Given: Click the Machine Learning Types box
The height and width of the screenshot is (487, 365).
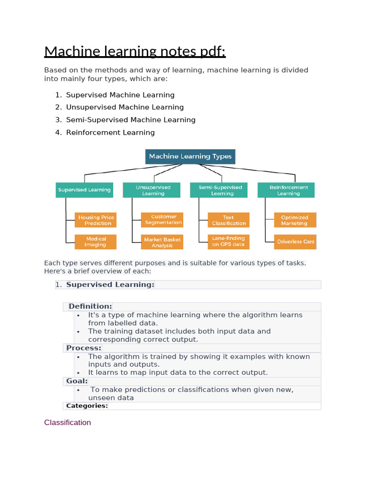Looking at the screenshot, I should [x=190, y=156].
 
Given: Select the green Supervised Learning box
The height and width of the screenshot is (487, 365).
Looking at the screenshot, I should [x=85, y=190].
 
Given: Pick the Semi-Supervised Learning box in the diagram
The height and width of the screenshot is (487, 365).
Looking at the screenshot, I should [x=220, y=190].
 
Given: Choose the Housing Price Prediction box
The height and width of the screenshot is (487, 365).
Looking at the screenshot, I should [x=96, y=220].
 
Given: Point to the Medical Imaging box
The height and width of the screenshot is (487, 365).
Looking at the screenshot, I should [x=96, y=242].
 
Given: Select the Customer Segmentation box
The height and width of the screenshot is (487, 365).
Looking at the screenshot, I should [x=163, y=220].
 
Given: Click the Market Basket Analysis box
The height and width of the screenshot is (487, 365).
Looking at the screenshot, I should [x=163, y=242].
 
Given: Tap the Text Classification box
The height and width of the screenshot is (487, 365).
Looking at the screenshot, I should [x=229, y=220].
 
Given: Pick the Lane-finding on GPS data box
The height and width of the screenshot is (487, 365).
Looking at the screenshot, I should [x=229, y=241].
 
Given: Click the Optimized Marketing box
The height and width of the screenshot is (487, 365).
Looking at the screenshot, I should [x=295, y=220].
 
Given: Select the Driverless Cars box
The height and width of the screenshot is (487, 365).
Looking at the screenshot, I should [x=295, y=242].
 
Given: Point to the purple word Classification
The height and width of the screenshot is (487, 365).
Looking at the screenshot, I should [x=67, y=422].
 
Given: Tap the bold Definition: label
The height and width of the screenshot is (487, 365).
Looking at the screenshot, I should [x=90, y=306].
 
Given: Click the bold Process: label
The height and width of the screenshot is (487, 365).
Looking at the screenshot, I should [x=84, y=348].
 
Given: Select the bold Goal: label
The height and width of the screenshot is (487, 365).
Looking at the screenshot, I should [x=77, y=381].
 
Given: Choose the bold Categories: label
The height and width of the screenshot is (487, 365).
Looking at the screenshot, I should [x=87, y=406].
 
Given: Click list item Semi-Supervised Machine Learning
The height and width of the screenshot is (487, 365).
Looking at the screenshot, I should [x=131, y=120].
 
